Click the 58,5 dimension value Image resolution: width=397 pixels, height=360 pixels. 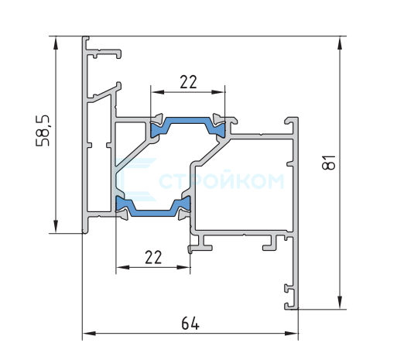tap(43, 131)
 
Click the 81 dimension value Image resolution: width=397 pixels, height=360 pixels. tap(329, 162)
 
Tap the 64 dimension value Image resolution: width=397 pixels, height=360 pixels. tap(190, 324)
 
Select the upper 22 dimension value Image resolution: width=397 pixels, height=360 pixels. tap(188, 82)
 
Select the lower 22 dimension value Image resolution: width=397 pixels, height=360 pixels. tap(153, 257)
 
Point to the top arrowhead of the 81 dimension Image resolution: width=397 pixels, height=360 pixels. tap(340, 43)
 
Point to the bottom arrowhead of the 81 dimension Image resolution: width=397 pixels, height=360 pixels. tap(340, 302)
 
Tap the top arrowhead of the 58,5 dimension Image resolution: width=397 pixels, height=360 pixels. tap(56, 43)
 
